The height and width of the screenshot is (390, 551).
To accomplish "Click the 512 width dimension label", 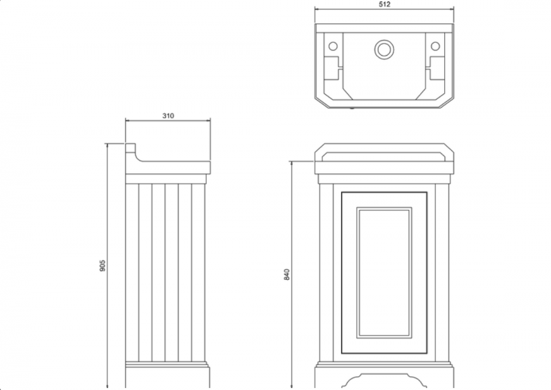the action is click(384, 4).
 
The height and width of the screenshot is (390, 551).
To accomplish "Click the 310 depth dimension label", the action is click(168, 116).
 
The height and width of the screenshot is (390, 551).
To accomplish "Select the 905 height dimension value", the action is click(102, 266).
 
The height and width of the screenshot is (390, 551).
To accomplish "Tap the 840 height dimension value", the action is click(287, 274).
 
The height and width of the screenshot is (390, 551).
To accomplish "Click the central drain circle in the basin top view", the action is click(384, 48).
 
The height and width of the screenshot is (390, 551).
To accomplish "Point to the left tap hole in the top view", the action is click(333, 46).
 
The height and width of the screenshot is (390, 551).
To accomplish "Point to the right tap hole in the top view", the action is click(435, 46).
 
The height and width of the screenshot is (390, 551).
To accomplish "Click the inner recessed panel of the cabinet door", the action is click(384, 272).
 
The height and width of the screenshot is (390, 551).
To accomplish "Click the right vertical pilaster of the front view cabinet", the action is click(441, 268).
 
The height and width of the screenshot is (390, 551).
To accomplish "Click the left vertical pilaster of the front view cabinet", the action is click(326, 268).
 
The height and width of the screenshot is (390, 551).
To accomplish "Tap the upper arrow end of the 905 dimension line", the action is click(107, 144).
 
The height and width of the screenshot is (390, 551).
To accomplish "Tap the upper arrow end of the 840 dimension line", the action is click(291, 162).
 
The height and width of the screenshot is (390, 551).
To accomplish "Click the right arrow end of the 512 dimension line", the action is click(453, 9).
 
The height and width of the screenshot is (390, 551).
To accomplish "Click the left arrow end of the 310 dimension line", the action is click(126, 120).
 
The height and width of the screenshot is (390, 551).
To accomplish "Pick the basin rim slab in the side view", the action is click(168, 168).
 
